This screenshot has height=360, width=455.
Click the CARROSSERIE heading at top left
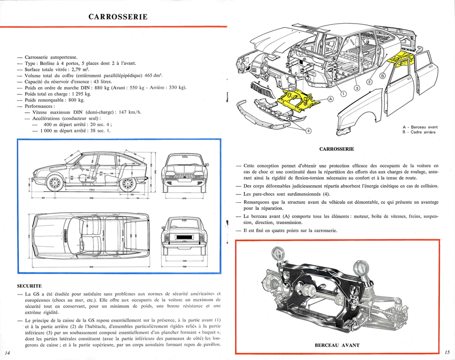point(118,17)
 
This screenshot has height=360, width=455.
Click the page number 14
point(7,353)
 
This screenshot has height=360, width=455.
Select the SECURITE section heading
point(30,286)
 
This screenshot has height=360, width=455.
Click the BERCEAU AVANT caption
point(337,345)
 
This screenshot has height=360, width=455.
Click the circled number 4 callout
point(308,131)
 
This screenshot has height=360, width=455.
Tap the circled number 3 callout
point(357,88)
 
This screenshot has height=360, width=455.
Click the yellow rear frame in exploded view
point(400,60)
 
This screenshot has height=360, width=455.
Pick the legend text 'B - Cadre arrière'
point(419,132)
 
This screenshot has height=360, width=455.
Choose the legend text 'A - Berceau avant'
point(420,127)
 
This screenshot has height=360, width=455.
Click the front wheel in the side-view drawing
point(55,183)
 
